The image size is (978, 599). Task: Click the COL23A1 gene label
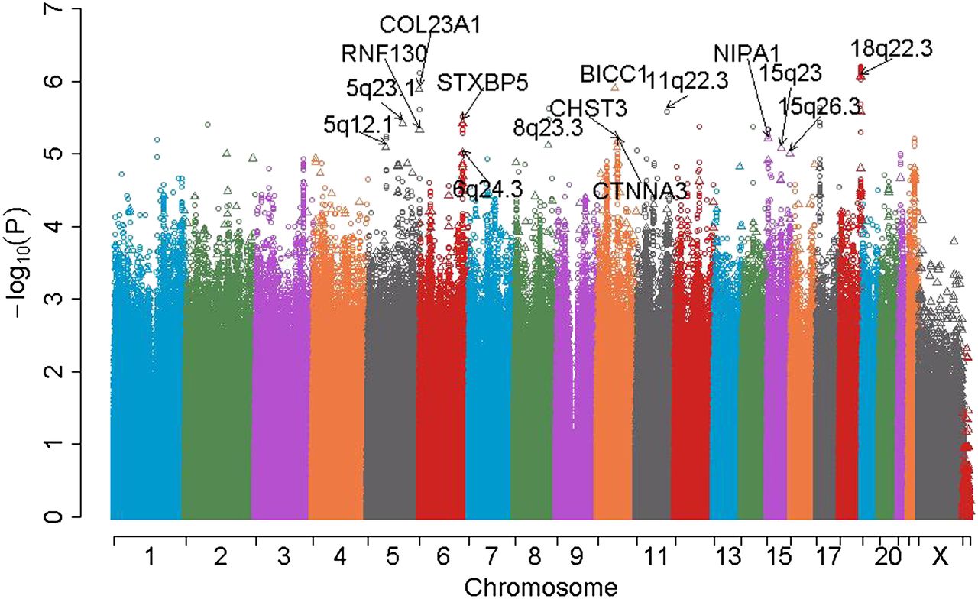[x=430, y=25]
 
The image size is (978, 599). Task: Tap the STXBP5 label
[x=483, y=82]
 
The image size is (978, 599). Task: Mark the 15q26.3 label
[x=819, y=106]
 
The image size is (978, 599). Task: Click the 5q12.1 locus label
[x=358, y=123]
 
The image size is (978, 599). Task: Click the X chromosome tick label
[x=939, y=559]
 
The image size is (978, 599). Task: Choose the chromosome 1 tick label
[x=148, y=559]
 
